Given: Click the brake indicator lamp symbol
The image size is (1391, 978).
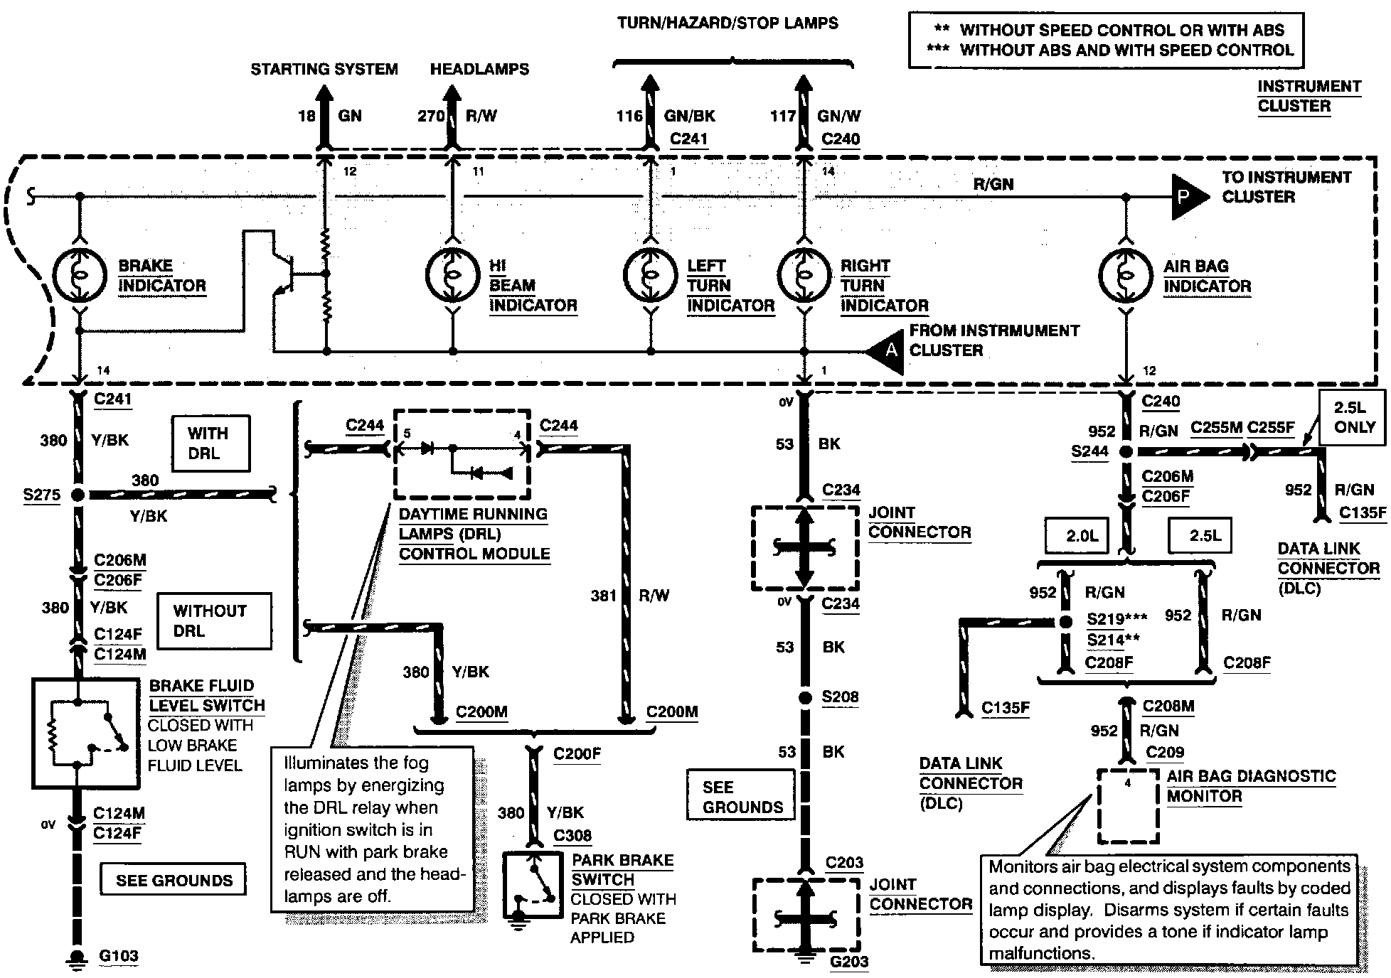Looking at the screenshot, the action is [x=79, y=275].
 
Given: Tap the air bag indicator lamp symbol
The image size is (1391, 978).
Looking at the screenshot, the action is [x=1125, y=275].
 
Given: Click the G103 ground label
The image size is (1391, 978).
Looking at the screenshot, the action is [x=119, y=957].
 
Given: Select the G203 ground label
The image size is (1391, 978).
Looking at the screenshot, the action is [x=849, y=962].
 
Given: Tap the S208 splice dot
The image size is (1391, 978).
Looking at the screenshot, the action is [x=804, y=698].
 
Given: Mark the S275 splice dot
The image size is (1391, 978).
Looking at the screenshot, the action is [x=78, y=495].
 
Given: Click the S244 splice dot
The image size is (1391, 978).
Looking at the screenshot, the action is [x=1126, y=451].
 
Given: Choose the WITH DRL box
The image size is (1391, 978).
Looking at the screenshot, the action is [x=210, y=444].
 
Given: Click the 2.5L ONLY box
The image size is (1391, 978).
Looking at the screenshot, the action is [x=1353, y=417].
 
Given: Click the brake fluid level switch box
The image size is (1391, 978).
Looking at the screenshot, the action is [x=86, y=733].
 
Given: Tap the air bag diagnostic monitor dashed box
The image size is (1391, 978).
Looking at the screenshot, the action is [x=1128, y=805].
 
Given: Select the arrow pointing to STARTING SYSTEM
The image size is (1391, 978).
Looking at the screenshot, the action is [x=324, y=117].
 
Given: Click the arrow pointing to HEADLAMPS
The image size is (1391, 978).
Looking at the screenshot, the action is [x=451, y=117].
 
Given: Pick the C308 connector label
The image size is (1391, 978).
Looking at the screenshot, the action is [x=572, y=836].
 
